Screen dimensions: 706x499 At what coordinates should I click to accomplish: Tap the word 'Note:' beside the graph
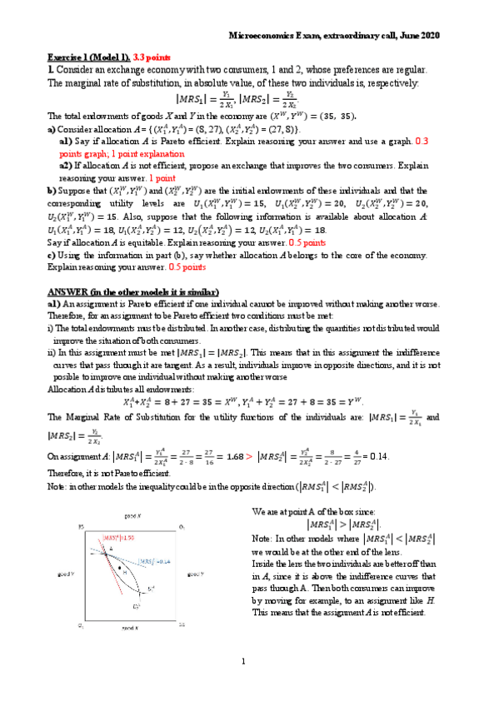[262, 537]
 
